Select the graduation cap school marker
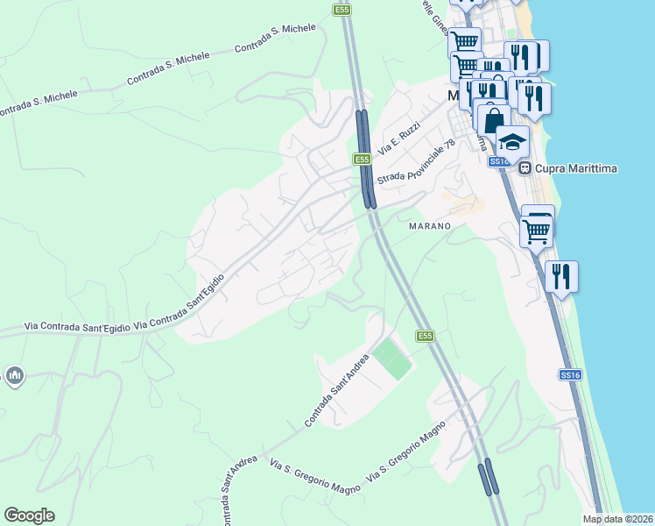512,140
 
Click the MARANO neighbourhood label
429,226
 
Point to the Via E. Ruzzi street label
399,137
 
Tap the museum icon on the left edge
13,377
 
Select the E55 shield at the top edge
342,10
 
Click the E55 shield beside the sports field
425,336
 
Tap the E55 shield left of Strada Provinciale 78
363,160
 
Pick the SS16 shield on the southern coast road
569,374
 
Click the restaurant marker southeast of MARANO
560,276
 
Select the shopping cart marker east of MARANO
536,231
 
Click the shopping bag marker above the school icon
493,118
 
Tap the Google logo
29,515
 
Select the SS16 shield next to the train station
499,161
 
